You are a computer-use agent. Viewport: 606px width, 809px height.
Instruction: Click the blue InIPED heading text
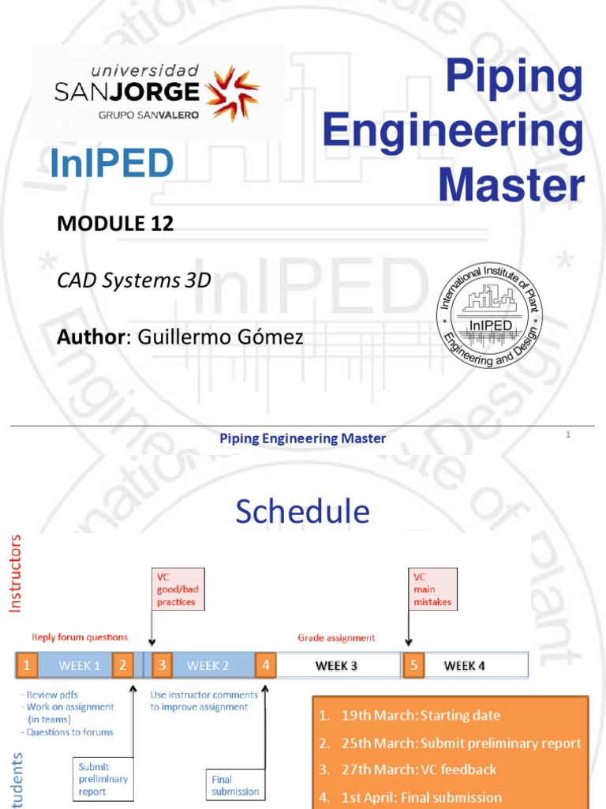click(x=111, y=164)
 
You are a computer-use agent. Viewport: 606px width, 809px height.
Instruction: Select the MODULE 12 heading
click(x=115, y=224)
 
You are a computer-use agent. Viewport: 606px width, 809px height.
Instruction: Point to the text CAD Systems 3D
click(x=133, y=280)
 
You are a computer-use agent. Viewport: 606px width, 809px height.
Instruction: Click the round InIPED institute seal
click(x=490, y=315)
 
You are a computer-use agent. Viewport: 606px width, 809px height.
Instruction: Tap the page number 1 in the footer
click(x=568, y=435)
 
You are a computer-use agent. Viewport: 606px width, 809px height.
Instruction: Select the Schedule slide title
click(x=302, y=512)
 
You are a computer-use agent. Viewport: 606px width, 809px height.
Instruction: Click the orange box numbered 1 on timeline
click(x=28, y=665)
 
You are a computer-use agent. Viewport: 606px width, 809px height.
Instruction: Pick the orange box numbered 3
click(x=162, y=665)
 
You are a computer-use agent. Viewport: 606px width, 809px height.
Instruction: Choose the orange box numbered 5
click(x=413, y=665)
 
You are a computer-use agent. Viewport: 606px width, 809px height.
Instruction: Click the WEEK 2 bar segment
click(x=208, y=665)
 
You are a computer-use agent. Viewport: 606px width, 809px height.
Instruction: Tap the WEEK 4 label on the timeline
click(x=464, y=665)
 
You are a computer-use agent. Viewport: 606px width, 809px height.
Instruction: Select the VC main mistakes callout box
click(x=431, y=589)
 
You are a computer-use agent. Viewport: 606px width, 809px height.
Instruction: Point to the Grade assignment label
click(x=336, y=637)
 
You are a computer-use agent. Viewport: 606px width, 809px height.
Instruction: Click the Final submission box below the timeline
click(x=234, y=785)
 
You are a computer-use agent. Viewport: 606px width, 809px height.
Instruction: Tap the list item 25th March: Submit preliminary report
click(x=450, y=743)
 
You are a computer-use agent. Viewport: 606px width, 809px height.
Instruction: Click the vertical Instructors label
click(x=17, y=574)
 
